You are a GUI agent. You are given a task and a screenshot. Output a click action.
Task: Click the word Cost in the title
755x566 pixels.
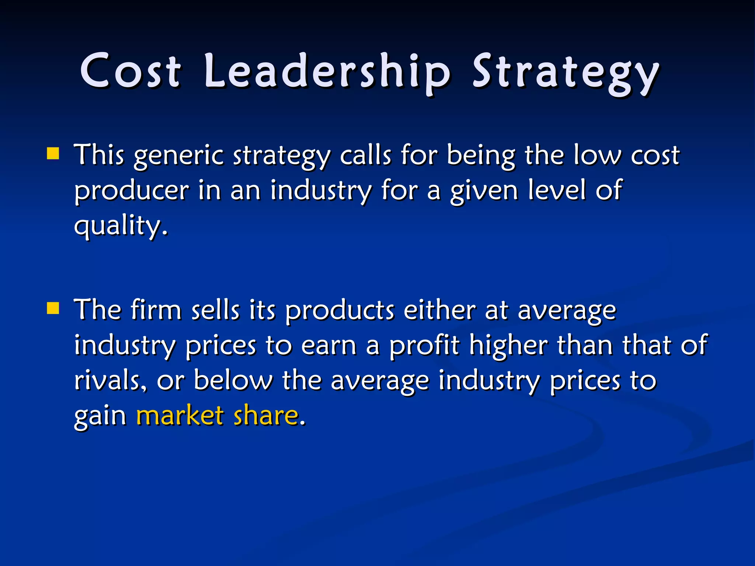click(x=131, y=70)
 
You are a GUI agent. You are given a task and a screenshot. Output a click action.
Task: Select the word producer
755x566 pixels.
click(x=132, y=191)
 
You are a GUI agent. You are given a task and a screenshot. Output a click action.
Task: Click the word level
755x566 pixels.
click(x=557, y=189)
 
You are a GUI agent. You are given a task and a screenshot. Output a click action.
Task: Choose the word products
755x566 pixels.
click(x=340, y=311)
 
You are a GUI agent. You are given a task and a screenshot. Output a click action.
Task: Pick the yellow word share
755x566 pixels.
click(x=266, y=415)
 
